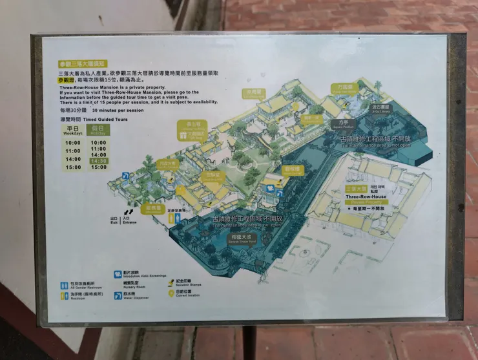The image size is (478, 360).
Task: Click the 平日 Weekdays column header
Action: (x=72, y=130)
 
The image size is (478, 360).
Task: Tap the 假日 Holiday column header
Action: (x=99, y=130)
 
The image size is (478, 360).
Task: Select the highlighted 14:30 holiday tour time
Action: (x=99, y=160)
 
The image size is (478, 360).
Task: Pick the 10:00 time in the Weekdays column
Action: (x=72, y=143)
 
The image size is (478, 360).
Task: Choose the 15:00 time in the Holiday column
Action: (x=99, y=167)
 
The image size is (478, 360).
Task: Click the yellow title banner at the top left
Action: (x=81, y=64)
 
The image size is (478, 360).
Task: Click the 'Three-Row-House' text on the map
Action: (x=366, y=196)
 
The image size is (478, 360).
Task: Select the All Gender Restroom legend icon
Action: (x=64, y=284)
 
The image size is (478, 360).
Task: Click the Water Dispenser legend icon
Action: (x=117, y=295)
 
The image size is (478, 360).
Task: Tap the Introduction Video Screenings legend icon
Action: (x=117, y=274)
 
